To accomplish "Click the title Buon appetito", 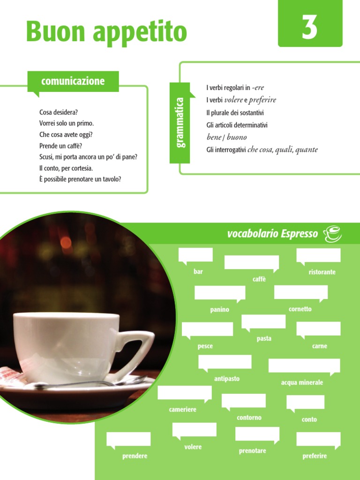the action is coord(106,31).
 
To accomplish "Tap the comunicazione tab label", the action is coord(73,81).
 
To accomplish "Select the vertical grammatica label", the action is coord(180,122).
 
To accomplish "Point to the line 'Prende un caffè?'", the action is coord(60,146).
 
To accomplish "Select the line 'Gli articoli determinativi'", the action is coord(237,125).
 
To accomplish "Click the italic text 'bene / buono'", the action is coord(226,137).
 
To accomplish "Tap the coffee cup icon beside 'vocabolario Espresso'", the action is coord(332,233).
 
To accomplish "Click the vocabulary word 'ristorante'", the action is coord(322,272).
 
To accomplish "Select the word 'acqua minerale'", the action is coord(302,382).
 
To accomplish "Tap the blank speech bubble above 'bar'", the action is coord(195,255).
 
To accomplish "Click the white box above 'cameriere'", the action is coord(184,393).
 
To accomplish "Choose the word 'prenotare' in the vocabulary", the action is coord(252,451).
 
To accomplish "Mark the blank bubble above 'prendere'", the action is coord(128,439).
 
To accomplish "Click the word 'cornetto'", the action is coord(300,309).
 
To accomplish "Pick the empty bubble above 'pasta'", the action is coord(263,322).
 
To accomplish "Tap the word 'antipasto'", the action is coord(227,379).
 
